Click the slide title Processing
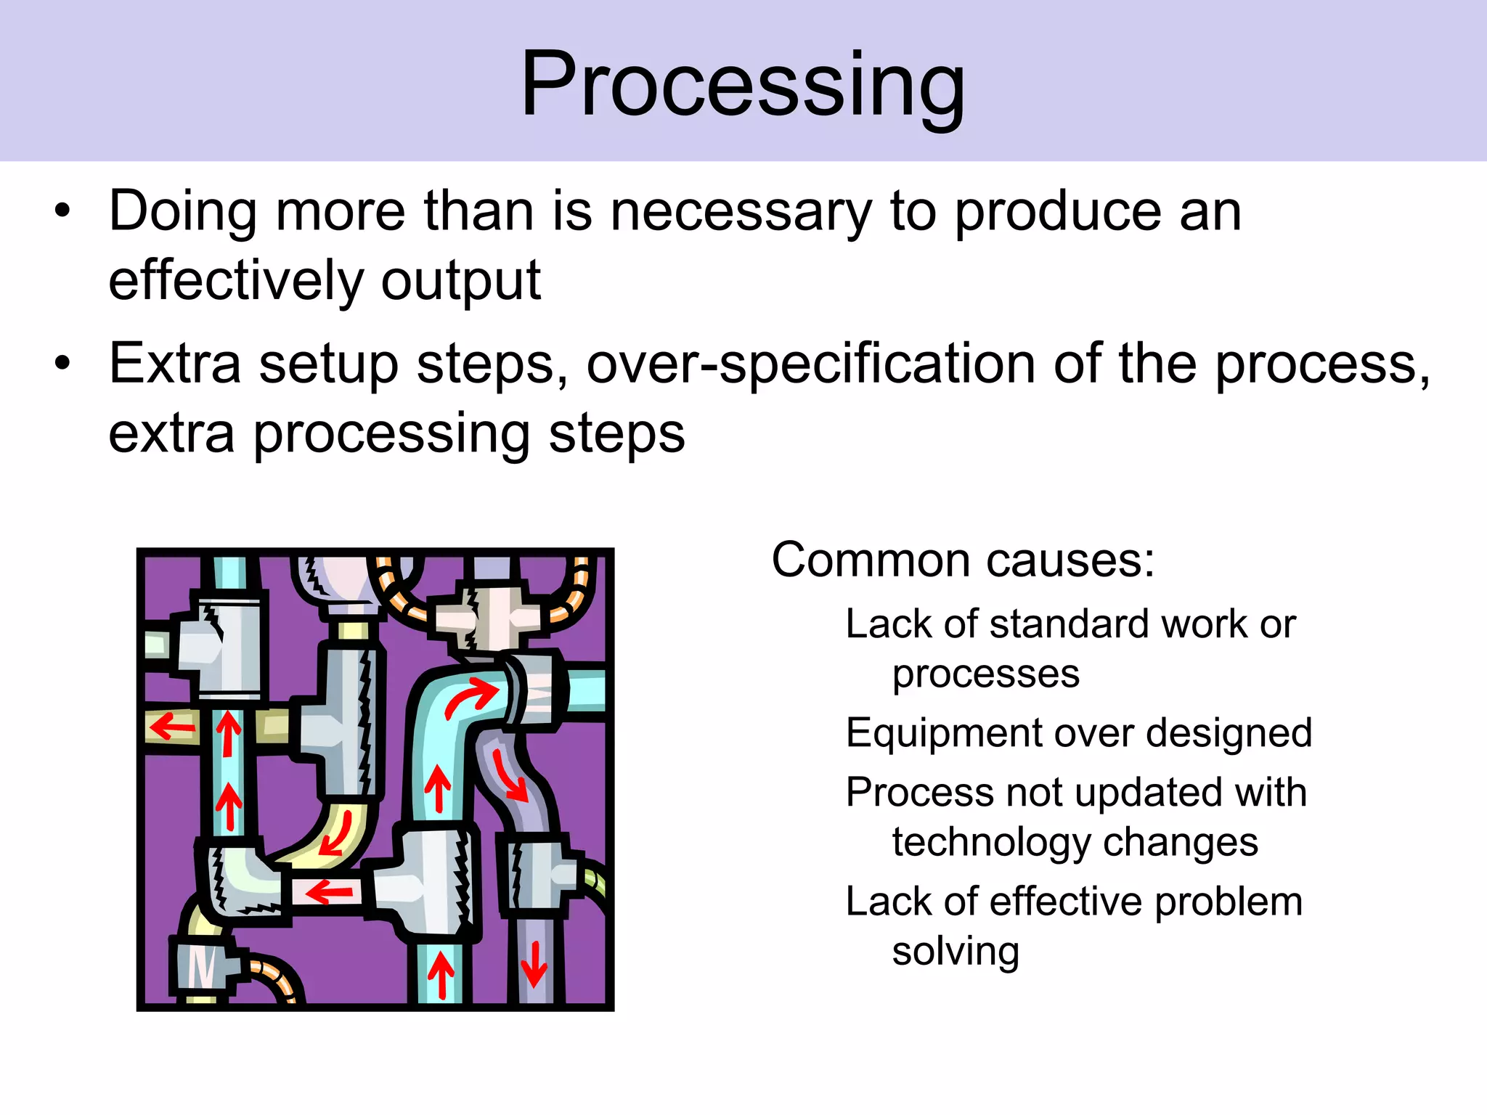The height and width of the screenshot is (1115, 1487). click(x=743, y=86)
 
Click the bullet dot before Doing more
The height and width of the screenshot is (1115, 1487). click(x=63, y=212)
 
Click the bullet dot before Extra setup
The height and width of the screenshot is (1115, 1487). click(x=63, y=363)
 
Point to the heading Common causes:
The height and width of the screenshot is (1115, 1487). click(x=962, y=560)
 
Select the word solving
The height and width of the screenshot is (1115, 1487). click(x=955, y=951)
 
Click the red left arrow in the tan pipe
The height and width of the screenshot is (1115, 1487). click(x=172, y=726)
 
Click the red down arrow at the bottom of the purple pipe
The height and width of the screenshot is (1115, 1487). click(x=534, y=964)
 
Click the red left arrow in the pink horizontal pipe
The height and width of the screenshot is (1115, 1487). click(x=330, y=891)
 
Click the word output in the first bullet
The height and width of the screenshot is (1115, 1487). click(x=460, y=281)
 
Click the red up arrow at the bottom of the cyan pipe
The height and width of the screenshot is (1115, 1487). click(x=441, y=975)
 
